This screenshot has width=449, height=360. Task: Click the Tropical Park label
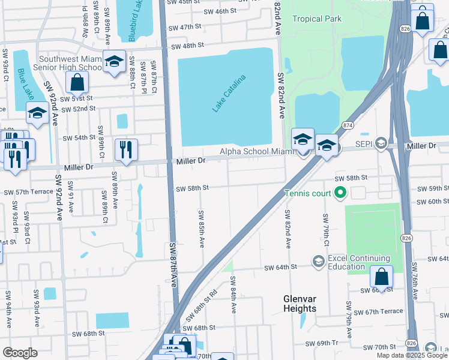click(316, 19)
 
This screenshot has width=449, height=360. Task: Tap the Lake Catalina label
click(229, 93)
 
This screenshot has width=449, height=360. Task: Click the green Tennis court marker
click(340, 193)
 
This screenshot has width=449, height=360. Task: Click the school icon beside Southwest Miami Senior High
click(113, 61)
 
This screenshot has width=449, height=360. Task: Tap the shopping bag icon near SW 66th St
click(381, 277)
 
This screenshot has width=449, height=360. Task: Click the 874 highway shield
click(348, 125)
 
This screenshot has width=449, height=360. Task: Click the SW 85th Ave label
click(200, 226)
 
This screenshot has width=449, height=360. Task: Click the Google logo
click(20, 353)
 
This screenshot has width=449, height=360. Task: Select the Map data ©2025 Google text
click(411, 355)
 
